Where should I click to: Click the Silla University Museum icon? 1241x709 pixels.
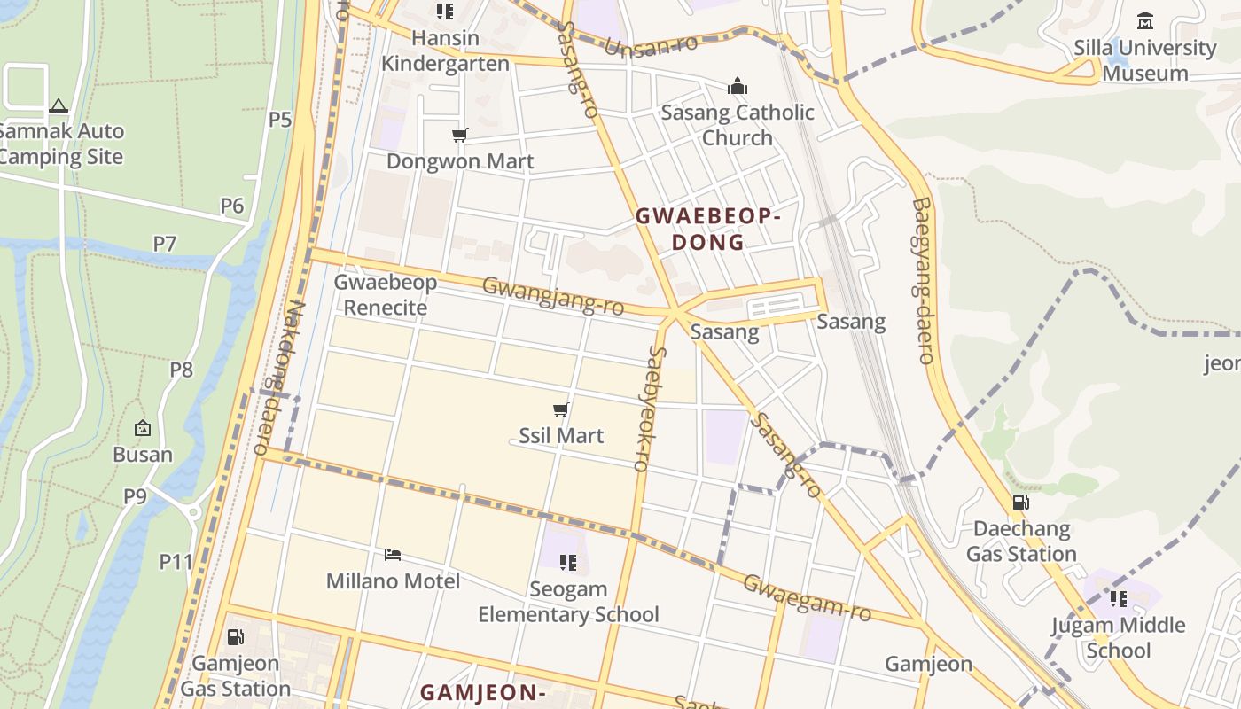(1145, 20)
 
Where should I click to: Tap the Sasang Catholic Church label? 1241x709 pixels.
(738, 125)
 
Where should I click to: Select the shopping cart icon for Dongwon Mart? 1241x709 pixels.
(459, 135)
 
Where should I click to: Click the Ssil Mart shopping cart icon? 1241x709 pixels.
(560, 409)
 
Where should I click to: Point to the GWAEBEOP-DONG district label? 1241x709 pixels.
(707, 229)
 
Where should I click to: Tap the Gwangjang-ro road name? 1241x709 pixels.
(553, 296)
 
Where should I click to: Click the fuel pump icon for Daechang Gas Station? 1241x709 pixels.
(1020, 503)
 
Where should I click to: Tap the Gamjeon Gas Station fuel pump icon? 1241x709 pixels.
(235, 636)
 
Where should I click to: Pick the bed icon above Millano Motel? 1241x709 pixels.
(393, 555)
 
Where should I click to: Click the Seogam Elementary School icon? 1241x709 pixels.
(568, 562)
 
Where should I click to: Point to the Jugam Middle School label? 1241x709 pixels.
(1118, 637)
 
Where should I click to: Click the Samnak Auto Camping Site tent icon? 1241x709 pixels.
(59, 105)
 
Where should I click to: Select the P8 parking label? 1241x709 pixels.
(181, 370)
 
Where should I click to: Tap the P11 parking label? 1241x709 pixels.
(176, 561)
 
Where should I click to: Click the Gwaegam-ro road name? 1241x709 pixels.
(807, 597)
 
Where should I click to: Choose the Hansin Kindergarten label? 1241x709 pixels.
(445, 51)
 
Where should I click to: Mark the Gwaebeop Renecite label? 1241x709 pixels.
(385, 295)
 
